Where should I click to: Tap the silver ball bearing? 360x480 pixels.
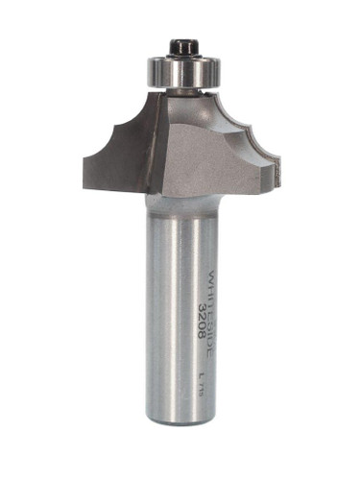(180, 69)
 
